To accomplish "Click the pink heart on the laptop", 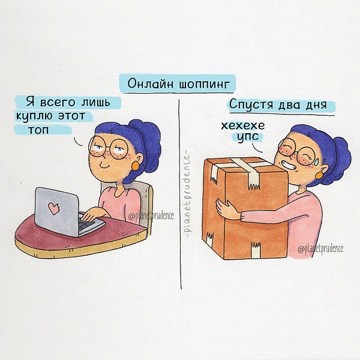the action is [x=54, y=208].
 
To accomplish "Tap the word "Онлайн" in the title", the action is [x=150, y=83].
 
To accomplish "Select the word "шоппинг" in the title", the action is [x=204, y=84].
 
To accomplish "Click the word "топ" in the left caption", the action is [x=38, y=130].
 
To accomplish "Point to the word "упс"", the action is [x=248, y=137].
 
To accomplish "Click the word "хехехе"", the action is [x=243, y=125].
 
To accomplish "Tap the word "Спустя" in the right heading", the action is [x=251, y=104].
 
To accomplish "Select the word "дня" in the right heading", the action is [x=316, y=105].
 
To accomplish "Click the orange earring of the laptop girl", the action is [x=135, y=166].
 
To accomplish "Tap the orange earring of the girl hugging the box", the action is [x=319, y=176].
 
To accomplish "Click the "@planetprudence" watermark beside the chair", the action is [x=151, y=216].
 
